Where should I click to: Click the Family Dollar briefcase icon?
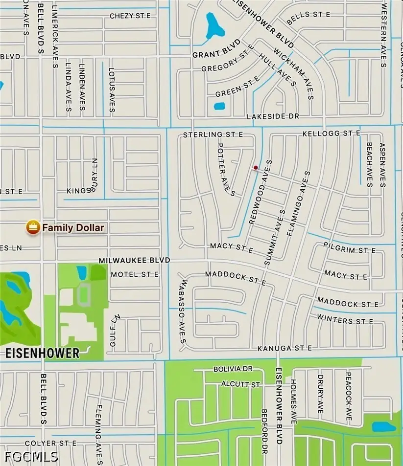point(33,227)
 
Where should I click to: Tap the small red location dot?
point(255,168)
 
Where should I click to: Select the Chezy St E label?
point(130,16)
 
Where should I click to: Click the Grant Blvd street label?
point(216,52)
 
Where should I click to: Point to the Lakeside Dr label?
point(273,116)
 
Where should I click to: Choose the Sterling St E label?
point(213,134)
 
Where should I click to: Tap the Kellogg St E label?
point(332,133)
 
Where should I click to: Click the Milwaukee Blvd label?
point(134,261)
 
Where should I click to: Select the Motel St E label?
point(135,274)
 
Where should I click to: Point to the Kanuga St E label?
point(285,348)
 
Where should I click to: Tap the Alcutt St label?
point(240,385)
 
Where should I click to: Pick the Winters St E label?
point(345,320)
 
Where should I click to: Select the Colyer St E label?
point(50,444)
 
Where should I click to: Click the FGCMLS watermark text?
point(32,457)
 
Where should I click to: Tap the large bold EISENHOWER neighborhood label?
point(43,353)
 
